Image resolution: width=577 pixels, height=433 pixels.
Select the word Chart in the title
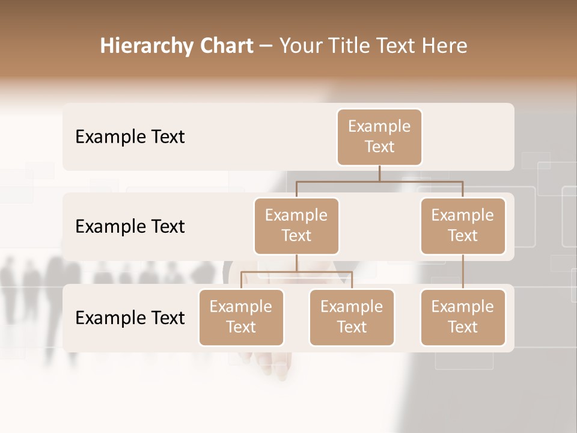226,46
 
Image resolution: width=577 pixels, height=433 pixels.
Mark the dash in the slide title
266,46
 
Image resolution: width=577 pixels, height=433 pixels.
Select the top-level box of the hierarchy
379,137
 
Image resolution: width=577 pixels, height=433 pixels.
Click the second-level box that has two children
296,226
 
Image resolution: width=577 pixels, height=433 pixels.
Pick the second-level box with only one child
463,226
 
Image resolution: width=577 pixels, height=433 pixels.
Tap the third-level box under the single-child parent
463,318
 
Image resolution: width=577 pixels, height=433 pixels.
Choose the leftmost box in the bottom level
241,318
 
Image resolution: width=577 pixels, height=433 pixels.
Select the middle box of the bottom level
352,318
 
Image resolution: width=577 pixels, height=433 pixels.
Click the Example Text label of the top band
130,137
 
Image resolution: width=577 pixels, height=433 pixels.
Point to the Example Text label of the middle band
130,227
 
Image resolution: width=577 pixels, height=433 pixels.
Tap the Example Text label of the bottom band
130,318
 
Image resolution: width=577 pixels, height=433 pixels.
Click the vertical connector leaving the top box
379,173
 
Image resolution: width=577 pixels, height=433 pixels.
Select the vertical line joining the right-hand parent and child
463,272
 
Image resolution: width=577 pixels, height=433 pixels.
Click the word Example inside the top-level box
379,126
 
